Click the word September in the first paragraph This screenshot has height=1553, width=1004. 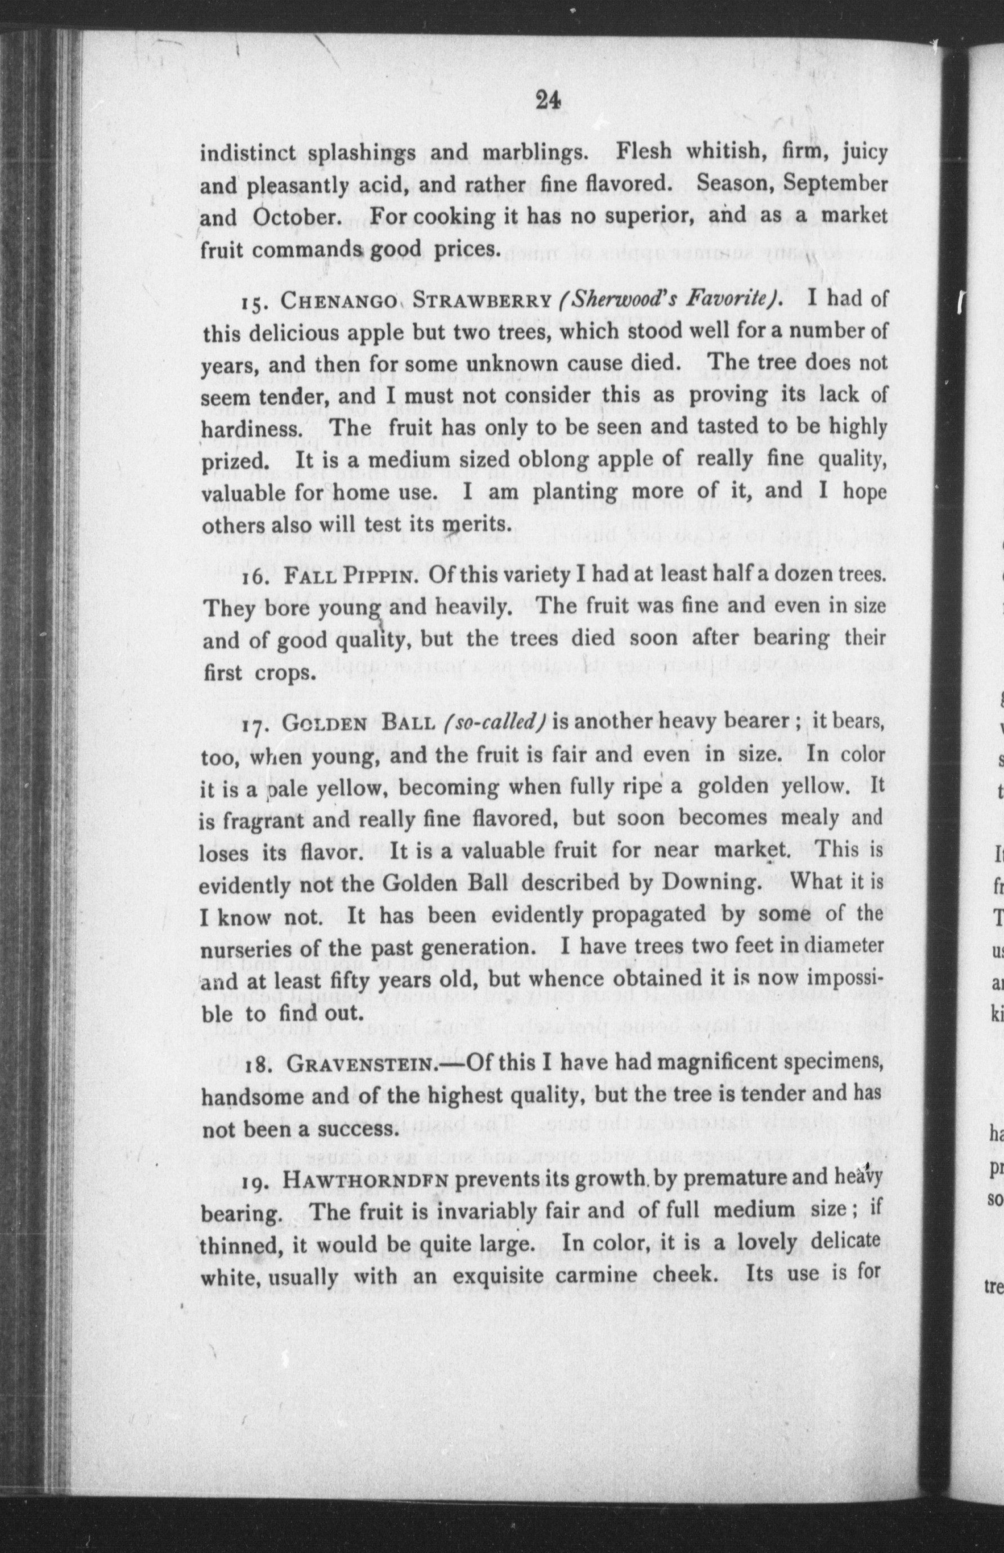point(835,183)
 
